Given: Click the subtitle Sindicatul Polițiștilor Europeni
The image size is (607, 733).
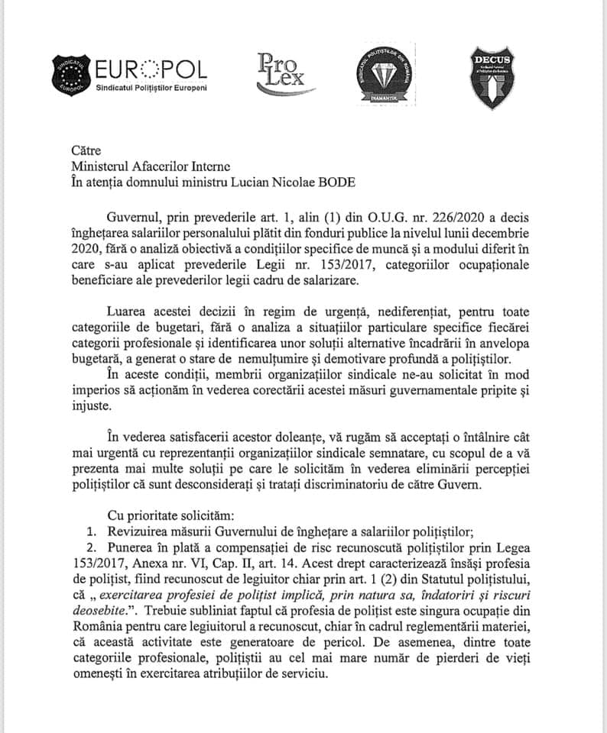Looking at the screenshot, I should (151, 89).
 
